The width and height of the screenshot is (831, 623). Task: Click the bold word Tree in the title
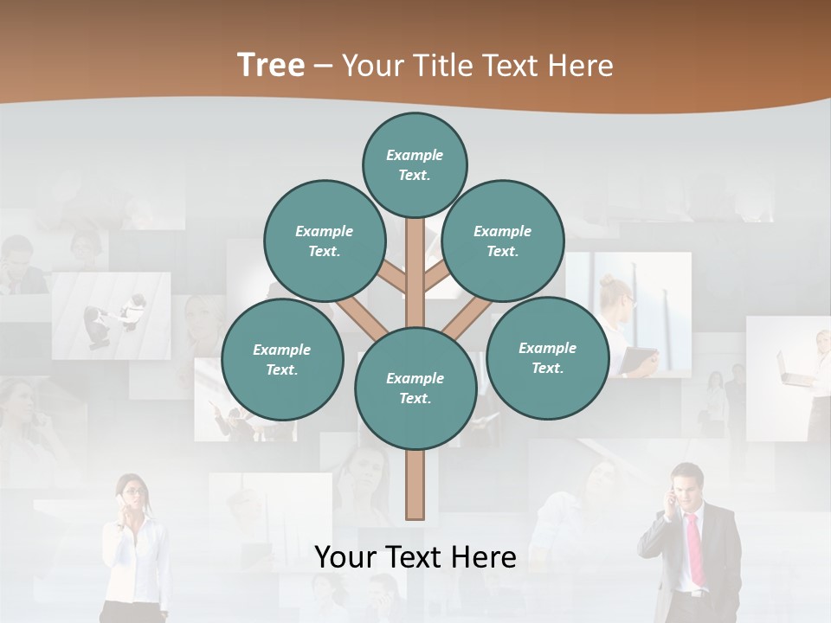tap(271, 66)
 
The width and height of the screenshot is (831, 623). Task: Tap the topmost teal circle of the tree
tap(415, 164)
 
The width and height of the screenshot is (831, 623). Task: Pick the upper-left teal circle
tap(324, 241)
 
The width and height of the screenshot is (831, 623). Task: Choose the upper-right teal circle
tap(503, 241)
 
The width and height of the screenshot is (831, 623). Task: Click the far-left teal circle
tap(282, 359)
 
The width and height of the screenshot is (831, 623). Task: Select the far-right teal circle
tap(547, 357)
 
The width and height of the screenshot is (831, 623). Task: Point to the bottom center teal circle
tap(415, 388)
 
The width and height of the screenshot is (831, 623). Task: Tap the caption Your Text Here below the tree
tap(415, 557)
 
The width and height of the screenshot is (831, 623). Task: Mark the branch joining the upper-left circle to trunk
tap(394, 278)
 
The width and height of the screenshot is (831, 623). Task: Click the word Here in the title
tap(582, 66)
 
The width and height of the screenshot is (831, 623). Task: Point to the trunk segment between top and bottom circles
tap(415, 268)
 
